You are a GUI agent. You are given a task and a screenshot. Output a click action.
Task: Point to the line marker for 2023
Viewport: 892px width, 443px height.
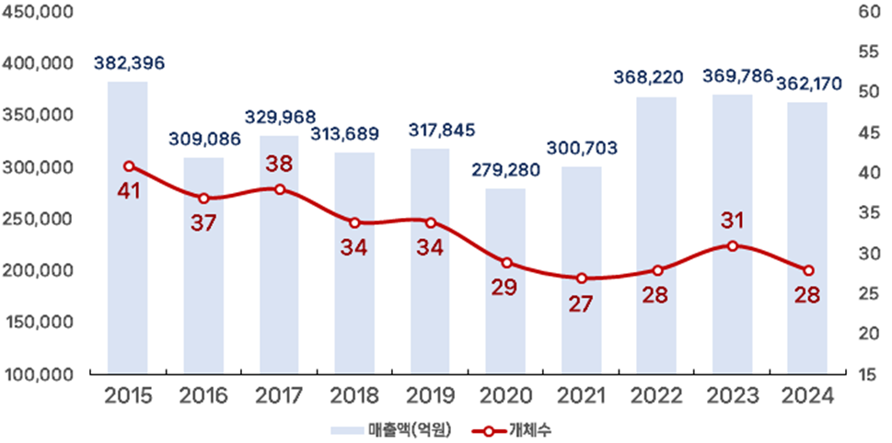(x=732, y=245)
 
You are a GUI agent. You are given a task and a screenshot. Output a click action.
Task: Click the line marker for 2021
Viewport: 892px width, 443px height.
(x=581, y=278)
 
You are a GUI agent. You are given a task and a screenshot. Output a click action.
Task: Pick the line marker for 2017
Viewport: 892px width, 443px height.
(x=279, y=189)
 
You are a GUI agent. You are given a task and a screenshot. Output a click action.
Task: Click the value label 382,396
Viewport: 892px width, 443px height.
(x=129, y=63)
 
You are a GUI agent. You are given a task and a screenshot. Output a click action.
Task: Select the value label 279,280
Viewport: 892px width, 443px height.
(x=505, y=171)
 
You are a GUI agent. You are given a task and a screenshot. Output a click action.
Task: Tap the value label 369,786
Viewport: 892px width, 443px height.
(x=737, y=75)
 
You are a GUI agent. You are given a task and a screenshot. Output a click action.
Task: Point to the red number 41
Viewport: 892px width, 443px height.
(x=129, y=192)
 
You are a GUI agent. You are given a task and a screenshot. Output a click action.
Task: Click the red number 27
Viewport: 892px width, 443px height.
(x=580, y=304)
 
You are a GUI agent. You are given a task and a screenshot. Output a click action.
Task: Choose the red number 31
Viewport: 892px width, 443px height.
(x=732, y=221)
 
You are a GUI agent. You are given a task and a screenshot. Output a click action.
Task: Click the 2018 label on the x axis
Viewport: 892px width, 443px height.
(x=354, y=397)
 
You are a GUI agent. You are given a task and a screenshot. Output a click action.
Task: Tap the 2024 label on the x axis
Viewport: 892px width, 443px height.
(x=807, y=397)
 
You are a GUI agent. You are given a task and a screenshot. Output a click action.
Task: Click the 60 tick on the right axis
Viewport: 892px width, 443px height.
(x=867, y=13)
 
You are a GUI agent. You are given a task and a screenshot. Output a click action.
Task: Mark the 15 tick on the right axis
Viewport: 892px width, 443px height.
(x=867, y=374)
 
